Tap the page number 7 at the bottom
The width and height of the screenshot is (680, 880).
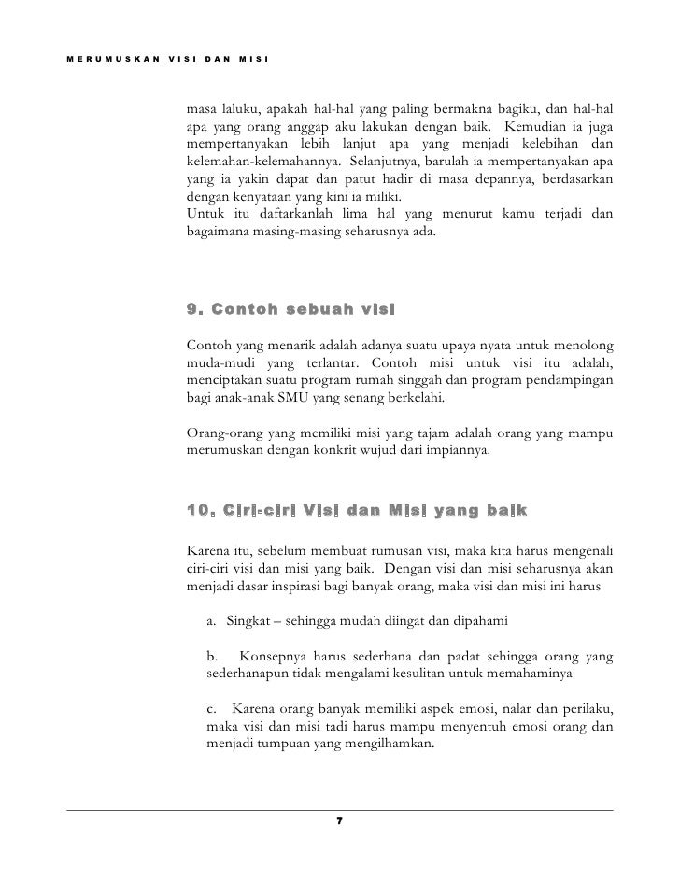339,819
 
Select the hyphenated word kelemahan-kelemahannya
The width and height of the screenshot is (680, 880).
250,162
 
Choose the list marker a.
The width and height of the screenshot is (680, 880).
214,622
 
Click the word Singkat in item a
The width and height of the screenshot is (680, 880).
248,622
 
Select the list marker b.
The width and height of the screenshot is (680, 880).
214,657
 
